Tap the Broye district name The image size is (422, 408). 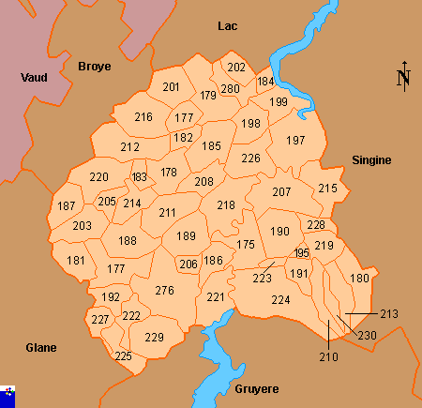tap(93, 67)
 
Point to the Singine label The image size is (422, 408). tap(371, 160)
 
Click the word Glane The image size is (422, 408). tap(41, 347)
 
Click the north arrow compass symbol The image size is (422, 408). tap(403, 77)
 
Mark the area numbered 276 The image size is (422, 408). tap(165, 291)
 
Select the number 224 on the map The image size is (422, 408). tap(280, 300)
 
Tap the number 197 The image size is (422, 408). tap(296, 141)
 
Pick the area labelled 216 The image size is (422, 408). tap(143, 117)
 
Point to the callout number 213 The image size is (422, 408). tap(389, 313)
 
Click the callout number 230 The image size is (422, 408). tap(367, 335)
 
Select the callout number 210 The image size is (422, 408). tap(328, 356)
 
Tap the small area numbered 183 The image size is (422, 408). tap(140, 176)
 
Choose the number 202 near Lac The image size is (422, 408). tap(236, 68)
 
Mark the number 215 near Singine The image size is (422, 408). tap(327, 189)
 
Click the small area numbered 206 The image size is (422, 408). tap(188, 264)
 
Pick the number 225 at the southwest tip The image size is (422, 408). tap(123, 356)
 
